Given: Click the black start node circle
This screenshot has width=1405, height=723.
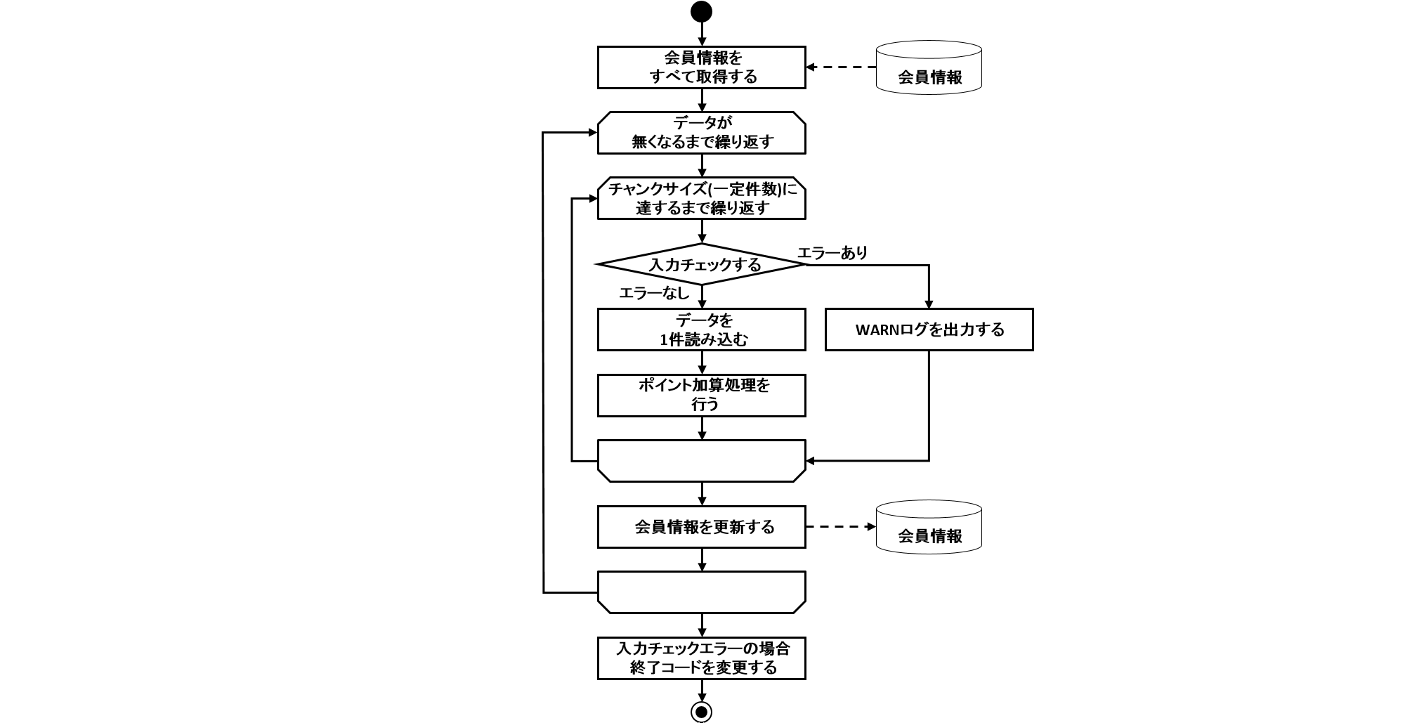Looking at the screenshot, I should pos(701,12).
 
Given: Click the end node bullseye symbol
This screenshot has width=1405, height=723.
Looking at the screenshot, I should pos(701,712).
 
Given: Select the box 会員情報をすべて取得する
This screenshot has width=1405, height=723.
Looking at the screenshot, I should pos(701,67).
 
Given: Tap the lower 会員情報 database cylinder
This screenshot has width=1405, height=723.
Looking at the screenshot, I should pos(929,526).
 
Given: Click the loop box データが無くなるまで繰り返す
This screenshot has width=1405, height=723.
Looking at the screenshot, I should pos(701,132).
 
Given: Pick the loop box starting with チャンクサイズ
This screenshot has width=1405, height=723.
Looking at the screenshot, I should pos(701,198).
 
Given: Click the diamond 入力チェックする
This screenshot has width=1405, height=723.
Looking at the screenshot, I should pos(701,264).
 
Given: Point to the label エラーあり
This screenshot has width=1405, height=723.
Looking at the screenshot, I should pos(832,253).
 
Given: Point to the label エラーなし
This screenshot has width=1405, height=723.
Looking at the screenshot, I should pos(653,293).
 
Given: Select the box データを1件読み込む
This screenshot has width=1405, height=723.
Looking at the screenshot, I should pos(701,330).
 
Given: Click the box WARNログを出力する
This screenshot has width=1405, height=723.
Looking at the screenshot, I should pos(929,330).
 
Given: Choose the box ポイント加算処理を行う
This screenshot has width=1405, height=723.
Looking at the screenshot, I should pos(701,395).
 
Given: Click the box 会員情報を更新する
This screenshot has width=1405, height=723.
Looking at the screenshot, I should pos(701,526).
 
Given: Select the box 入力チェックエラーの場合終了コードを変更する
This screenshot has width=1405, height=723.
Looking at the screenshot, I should pos(701,658).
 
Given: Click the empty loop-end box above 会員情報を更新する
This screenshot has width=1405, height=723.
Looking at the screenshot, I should pos(701,461).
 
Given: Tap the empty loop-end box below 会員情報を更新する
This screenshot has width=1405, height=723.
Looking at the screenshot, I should pos(701,592).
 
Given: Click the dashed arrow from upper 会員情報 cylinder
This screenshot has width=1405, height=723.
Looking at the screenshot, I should pos(842,67).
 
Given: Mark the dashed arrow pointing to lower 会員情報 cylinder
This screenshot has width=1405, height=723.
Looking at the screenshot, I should pos(842,526).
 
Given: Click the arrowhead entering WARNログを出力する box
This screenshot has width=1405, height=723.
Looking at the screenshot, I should pos(929,304).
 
